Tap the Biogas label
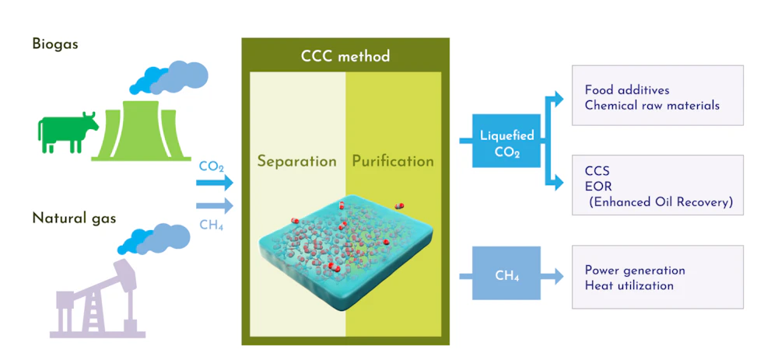click(x=55, y=44)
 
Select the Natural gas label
click(x=74, y=218)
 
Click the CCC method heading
click(x=345, y=57)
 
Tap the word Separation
click(x=297, y=162)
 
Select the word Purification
click(x=393, y=162)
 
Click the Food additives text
click(x=627, y=90)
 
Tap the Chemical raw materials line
click(x=652, y=105)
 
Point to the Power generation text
click(x=635, y=271)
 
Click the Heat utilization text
click(x=629, y=285)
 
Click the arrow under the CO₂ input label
click(x=215, y=183)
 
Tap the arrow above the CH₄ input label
click(x=215, y=206)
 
